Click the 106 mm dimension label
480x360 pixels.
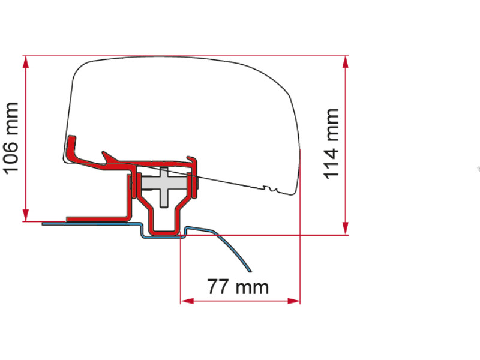[x=11, y=139]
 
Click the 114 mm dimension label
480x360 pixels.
[x=331, y=144]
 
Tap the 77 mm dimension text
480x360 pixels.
[x=238, y=287]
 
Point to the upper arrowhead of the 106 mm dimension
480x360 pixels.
[x=26, y=62]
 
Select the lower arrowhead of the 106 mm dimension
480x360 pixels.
[x=26, y=215]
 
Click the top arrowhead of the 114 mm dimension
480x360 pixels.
[x=346, y=62]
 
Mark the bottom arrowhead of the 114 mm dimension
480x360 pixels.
[x=346, y=228]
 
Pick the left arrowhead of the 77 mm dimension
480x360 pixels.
[x=187, y=301]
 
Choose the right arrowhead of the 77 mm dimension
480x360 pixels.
[x=294, y=301]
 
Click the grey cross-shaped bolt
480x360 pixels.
[x=164, y=184]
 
